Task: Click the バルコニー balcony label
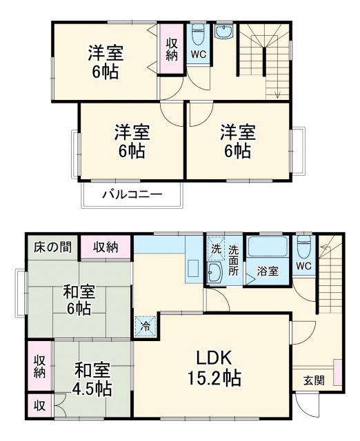[132, 194]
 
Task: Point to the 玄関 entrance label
[314, 380]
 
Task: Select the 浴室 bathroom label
[268, 271]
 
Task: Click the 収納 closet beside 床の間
[106, 247]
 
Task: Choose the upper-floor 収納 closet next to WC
[172, 49]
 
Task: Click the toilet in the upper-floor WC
[197, 34]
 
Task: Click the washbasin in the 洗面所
[214, 273]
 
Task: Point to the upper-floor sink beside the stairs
[225, 32]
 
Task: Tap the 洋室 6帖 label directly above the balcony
[130, 140]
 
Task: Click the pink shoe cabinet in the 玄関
[337, 373]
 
